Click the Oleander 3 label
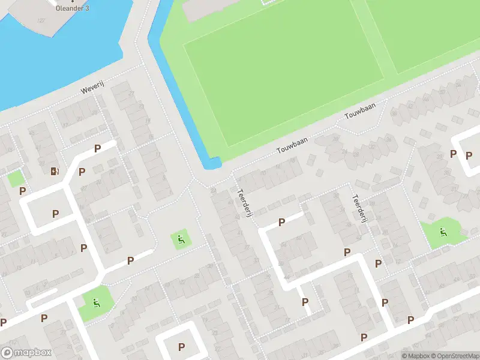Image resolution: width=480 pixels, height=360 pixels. point(73,8)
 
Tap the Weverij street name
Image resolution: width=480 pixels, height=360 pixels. point(93,89)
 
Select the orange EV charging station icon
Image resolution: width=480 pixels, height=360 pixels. point(55,172)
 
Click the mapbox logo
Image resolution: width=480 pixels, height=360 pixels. point(26,352)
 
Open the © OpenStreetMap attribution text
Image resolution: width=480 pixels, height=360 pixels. point(451,356)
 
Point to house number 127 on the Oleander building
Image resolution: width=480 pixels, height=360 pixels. point(41,21)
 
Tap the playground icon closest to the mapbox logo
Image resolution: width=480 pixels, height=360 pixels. point(95,302)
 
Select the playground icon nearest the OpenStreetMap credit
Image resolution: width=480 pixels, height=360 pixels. point(443,232)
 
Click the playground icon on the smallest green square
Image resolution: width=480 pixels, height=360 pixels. point(181,240)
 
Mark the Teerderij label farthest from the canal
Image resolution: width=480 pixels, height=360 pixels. point(359,208)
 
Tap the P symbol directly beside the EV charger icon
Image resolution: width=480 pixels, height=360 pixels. point(82,172)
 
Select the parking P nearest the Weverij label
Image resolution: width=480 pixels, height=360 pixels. point(97,148)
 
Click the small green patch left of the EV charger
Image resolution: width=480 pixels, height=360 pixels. point(16,178)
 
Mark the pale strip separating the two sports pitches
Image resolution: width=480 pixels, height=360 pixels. point(373,36)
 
